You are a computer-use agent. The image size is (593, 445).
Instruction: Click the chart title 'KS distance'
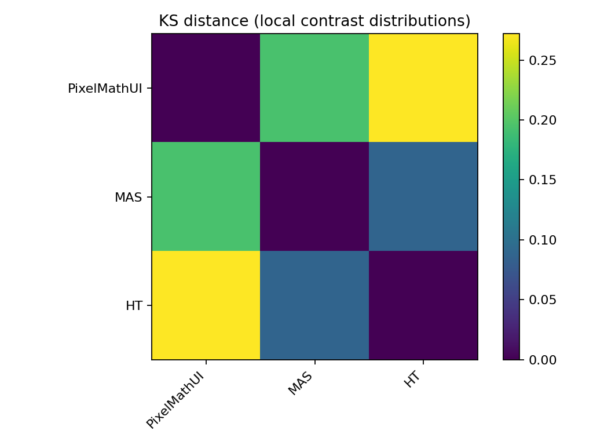pos(314,21)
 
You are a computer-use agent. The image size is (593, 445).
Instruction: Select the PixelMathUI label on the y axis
pos(105,89)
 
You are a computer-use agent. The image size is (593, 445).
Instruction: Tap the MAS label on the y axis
pos(128,197)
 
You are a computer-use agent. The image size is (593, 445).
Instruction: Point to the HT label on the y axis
pos(134,306)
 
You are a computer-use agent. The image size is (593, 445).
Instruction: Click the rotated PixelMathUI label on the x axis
pos(176,401)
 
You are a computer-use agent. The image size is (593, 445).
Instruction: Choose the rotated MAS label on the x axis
pos(301,384)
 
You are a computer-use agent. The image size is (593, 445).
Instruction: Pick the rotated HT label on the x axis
pos(412,380)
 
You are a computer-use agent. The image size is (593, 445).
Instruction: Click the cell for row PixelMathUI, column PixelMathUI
pos(206,88)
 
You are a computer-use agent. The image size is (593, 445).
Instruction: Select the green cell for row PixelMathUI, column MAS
pos(314,88)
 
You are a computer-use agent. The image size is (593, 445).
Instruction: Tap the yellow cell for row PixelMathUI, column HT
pos(423,88)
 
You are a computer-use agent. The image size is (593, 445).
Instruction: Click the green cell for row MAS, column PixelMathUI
pos(206,197)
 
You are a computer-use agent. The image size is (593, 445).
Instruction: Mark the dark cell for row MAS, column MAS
pos(314,197)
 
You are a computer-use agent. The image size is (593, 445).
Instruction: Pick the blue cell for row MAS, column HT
pos(423,197)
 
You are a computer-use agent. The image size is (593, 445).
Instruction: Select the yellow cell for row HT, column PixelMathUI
pos(206,305)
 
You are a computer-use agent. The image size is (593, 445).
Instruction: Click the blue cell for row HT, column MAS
pos(314,305)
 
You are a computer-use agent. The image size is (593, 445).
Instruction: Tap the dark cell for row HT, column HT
pos(423,305)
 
